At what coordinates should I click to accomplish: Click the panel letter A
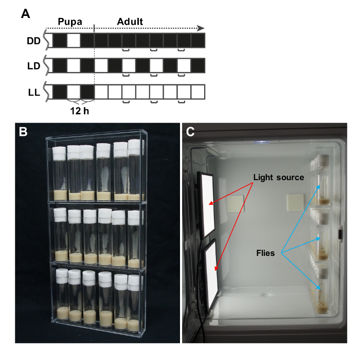pyautogui.click(x=25, y=14)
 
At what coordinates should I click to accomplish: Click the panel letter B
pyautogui.click(x=23, y=132)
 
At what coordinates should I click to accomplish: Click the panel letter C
pyautogui.click(x=191, y=132)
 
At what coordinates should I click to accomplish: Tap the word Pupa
pyautogui.click(x=68, y=22)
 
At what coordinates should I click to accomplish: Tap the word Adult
pyautogui.click(x=130, y=22)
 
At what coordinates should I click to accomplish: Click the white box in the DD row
pyautogui.click(x=74, y=41)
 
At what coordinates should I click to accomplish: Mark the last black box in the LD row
pyautogui.click(x=198, y=65)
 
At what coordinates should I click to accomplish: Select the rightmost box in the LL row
pyautogui.click(x=198, y=92)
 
